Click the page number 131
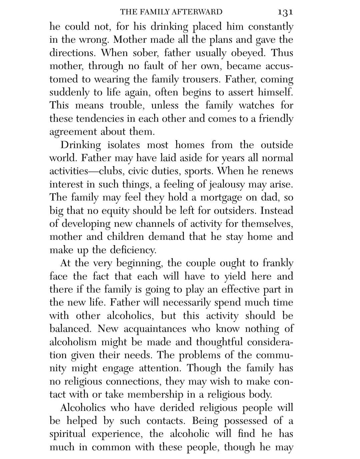coord(285,12)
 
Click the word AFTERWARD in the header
coord(197,12)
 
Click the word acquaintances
coord(155,329)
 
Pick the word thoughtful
coord(220,342)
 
